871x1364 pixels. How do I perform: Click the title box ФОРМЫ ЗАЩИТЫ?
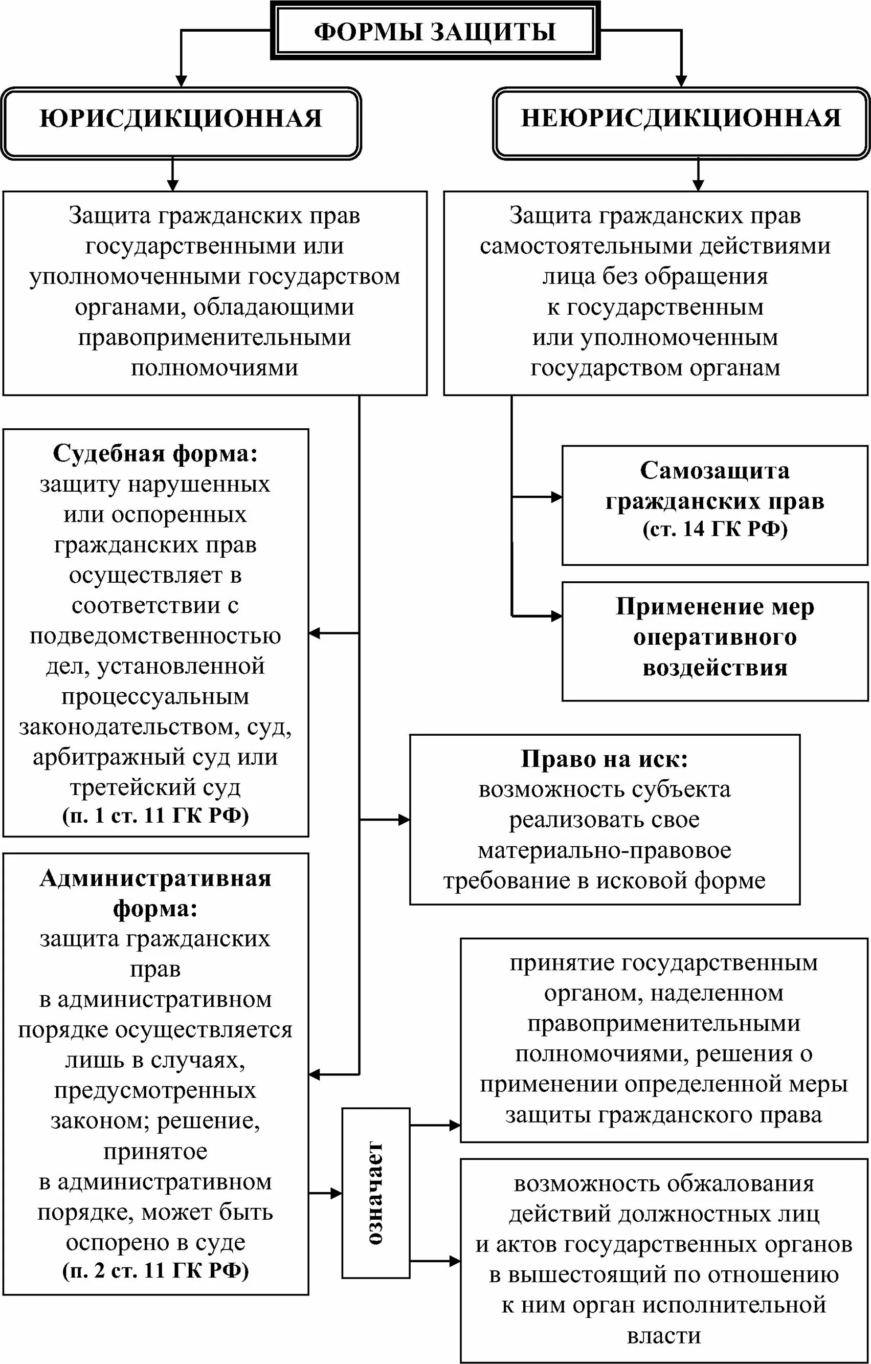(x=435, y=31)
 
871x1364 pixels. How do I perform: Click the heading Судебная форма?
(x=155, y=454)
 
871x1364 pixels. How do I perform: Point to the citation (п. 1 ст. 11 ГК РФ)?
(x=155, y=816)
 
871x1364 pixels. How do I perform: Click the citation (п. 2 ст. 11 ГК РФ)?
(x=155, y=1270)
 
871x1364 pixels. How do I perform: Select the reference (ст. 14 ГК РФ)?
(x=714, y=529)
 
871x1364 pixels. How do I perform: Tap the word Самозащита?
(x=714, y=471)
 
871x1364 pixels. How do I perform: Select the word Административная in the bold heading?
(x=155, y=878)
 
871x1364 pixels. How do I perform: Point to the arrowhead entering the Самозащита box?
(x=556, y=497)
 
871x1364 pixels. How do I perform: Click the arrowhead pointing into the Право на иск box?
(x=405, y=819)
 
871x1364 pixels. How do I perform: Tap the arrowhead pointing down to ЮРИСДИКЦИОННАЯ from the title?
(x=181, y=80)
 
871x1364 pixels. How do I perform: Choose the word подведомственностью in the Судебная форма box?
(x=155, y=636)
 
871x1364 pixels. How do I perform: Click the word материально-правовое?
(x=604, y=850)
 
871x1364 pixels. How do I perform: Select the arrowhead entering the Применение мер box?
(x=556, y=615)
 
